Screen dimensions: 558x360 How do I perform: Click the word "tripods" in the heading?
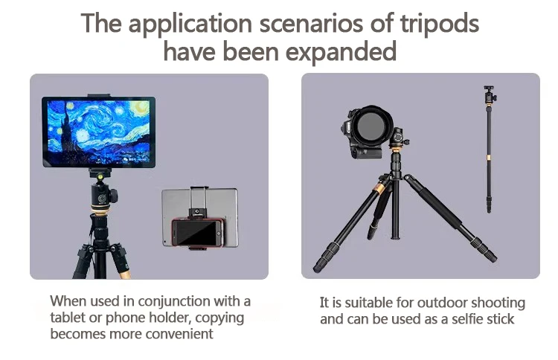click(440, 25)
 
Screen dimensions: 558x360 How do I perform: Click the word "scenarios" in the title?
click(311, 23)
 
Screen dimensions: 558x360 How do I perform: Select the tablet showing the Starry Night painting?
click(98, 132)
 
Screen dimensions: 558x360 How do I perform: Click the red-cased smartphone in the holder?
click(198, 233)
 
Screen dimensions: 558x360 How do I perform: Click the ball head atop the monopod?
click(490, 94)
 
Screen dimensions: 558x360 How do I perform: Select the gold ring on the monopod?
click(489, 158)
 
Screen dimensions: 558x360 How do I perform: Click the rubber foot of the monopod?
click(489, 209)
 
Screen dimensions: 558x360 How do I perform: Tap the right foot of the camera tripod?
click(491, 257)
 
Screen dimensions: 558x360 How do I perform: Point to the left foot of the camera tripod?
click(318, 267)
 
